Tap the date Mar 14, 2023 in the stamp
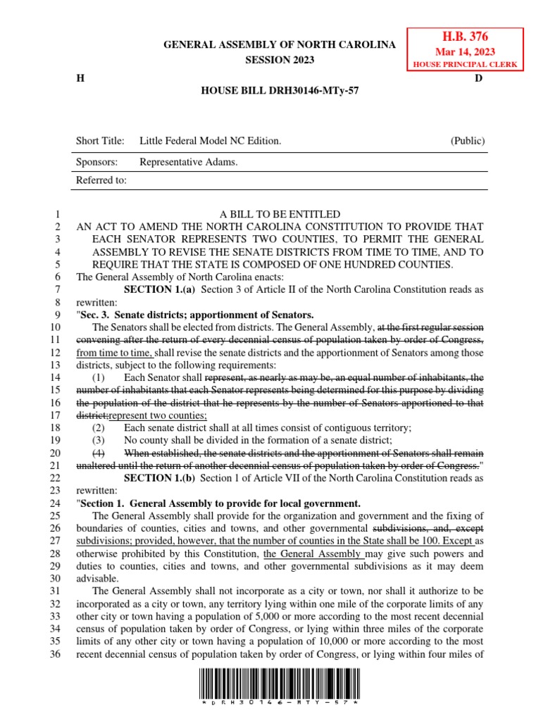point(464,51)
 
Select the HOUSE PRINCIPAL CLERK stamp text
point(464,65)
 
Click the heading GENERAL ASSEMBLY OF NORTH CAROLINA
point(280,45)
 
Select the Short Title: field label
point(100,141)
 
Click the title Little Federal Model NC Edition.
point(210,141)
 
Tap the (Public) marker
point(468,141)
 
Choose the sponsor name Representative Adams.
point(189,162)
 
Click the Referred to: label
point(101,180)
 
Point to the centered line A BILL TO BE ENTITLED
point(280,214)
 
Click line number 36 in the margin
point(58,656)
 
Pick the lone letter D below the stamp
point(478,78)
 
